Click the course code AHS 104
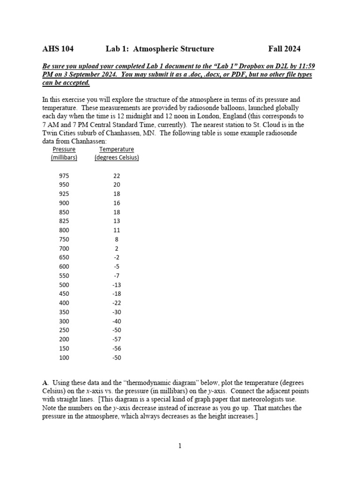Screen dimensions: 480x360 58,49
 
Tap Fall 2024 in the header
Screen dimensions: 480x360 284,49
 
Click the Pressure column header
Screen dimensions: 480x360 64,150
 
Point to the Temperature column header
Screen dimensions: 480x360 117,150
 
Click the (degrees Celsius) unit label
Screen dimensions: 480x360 117,157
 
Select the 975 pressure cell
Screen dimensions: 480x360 64,176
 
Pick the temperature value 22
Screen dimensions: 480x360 117,176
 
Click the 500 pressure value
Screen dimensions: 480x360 64,285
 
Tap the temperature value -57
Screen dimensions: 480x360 117,339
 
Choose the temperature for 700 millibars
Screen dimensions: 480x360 117,248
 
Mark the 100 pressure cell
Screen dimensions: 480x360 64,357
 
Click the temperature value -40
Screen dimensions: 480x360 117,321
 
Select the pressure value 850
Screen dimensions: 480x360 64,212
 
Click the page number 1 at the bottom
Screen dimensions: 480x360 180,446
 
